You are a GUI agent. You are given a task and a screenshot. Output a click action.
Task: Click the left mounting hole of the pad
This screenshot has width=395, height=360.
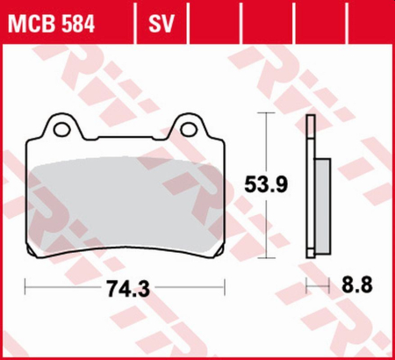61,129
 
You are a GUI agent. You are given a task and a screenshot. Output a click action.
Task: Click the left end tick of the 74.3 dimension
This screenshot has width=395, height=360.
26,285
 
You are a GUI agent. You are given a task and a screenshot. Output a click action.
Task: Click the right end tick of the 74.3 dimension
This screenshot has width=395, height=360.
225,285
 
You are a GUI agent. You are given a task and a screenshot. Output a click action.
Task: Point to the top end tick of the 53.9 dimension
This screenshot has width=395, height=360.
266,115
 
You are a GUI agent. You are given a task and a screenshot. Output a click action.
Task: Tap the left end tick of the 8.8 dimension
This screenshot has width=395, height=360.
305,285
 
